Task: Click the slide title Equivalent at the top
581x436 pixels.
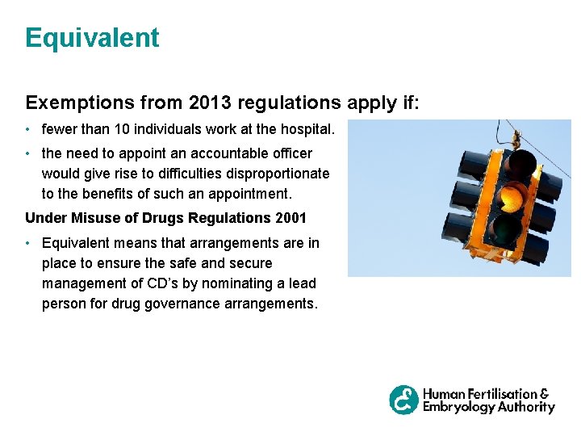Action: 92,38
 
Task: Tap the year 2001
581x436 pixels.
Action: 289,218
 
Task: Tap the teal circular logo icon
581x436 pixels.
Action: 404,400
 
